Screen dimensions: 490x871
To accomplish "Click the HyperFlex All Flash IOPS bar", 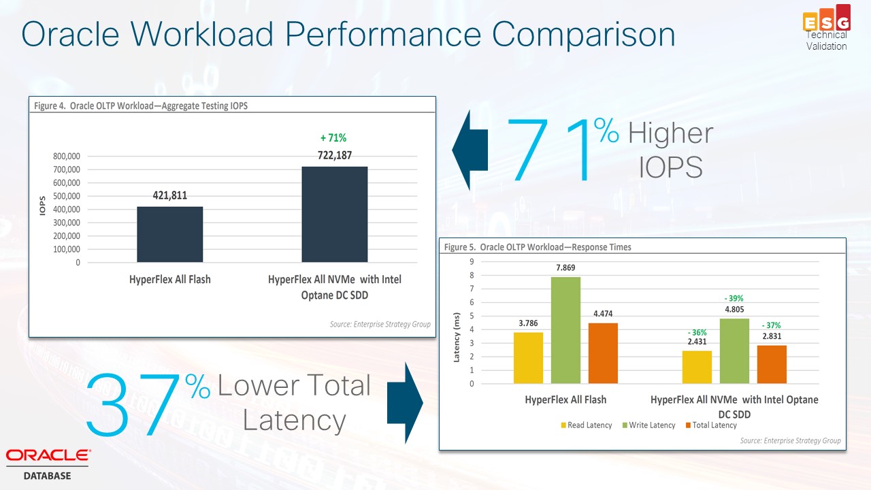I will tap(169, 234).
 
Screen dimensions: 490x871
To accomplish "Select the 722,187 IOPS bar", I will tap(334, 214).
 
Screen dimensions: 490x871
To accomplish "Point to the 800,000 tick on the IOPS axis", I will tap(67, 157).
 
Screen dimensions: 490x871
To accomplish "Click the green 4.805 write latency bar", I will tap(734, 350).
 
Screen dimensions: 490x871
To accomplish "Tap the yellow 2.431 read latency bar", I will tap(697, 367).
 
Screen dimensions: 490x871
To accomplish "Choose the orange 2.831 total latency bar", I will tap(772, 364).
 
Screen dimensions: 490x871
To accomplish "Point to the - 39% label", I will tap(734, 298).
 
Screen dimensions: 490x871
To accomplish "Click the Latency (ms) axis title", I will tap(457, 337).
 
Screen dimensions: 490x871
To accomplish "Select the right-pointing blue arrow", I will tap(406, 403).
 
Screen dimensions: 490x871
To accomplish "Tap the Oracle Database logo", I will tap(48, 463).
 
